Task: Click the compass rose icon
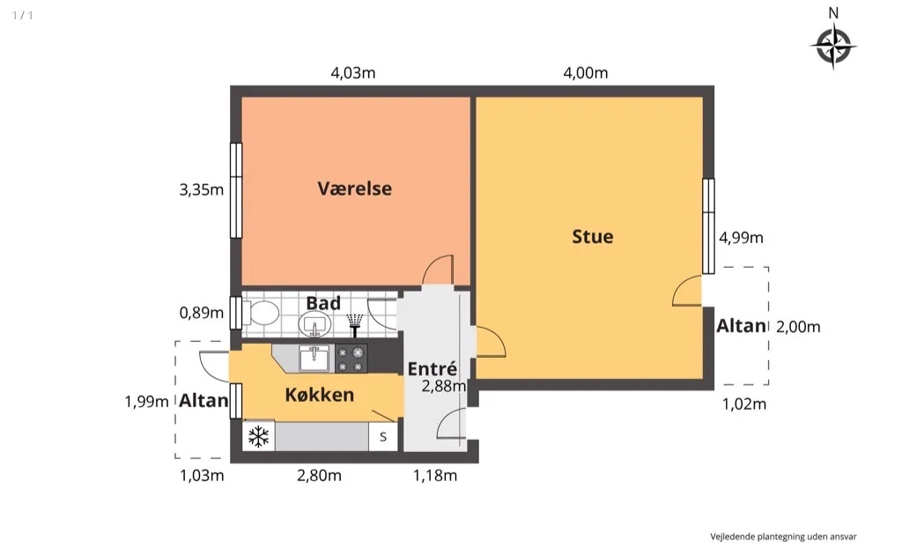tap(833, 46)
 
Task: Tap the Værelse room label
tap(354, 189)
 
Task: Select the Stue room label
tap(593, 236)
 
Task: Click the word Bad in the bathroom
tap(323, 302)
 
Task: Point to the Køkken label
tap(319, 395)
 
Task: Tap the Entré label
tap(432, 368)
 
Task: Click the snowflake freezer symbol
tap(258, 436)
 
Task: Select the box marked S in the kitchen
tap(383, 437)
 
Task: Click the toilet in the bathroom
tap(262, 314)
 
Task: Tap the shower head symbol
tap(355, 325)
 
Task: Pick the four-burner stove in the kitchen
tap(351, 359)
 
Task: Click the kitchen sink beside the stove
tap(314, 359)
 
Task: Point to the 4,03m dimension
tap(352, 73)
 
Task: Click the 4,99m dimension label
tap(741, 238)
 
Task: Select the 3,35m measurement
tap(202, 189)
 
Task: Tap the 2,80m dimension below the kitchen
tap(319, 476)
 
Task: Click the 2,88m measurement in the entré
tap(444, 386)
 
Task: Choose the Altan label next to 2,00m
tap(741, 326)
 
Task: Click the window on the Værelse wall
tap(236, 190)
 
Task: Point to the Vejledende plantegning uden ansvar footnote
tap(783, 537)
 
